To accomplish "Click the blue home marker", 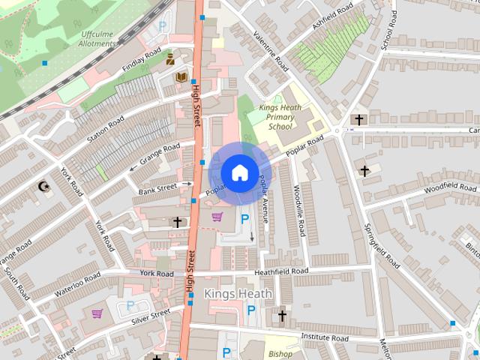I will [x=239, y=172].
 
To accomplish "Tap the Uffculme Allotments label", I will [x=98, y=39].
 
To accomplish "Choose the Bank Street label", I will [x=157, y=187].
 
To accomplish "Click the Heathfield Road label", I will [x=281, y=271].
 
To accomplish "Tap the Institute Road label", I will [x=325, y=338].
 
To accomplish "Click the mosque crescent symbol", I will [x=43, y=185].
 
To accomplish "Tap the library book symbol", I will [x=181, y=77].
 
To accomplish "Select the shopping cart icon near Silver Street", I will [x=97, y=313].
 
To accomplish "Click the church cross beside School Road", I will [x=358, y=119].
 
